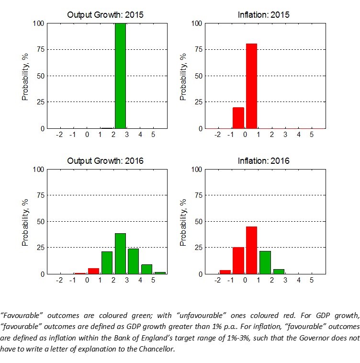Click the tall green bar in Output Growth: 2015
coord(120,76)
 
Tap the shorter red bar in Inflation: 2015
coord(238,118)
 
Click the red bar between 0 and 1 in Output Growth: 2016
coord(93,271)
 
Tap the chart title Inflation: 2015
coord(264,15)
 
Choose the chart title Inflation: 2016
coord(264,161)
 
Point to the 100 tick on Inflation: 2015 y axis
coord(196,23)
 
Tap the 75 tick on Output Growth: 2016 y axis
coord(42,195)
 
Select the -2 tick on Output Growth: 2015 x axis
coord(59,136)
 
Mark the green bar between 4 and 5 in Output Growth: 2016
coord(147,269)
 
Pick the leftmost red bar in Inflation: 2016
coord(225,272)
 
